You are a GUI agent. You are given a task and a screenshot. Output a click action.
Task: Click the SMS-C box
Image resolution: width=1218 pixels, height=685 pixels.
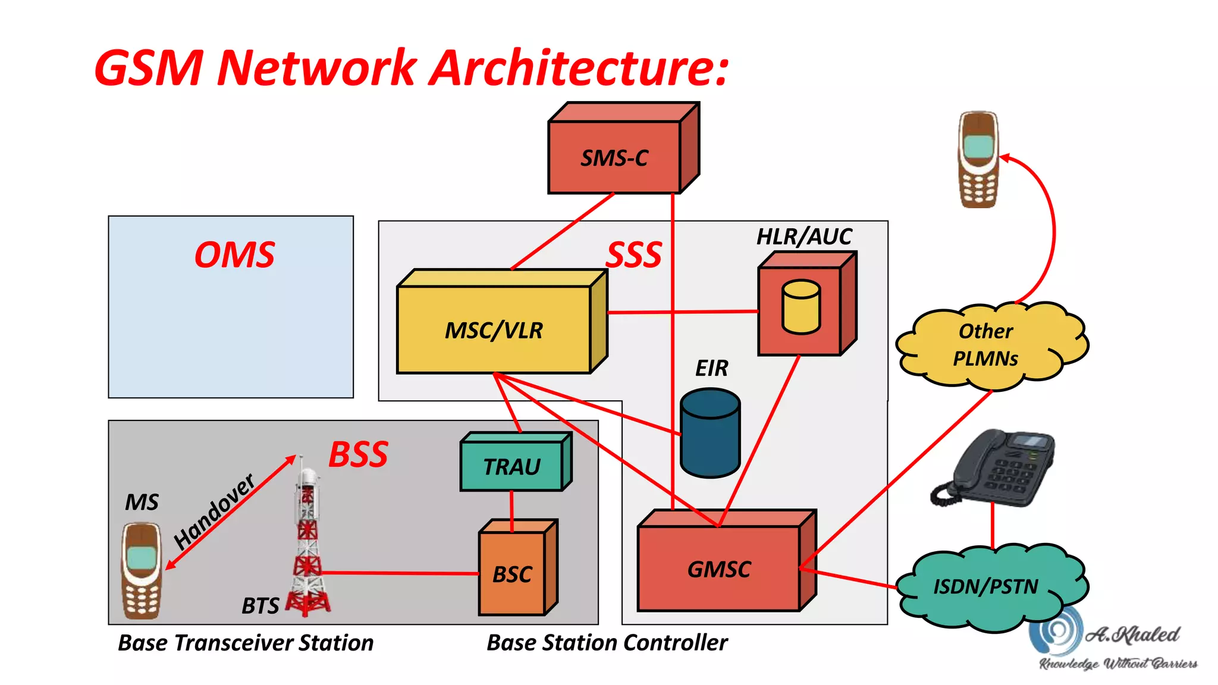coord(614,158)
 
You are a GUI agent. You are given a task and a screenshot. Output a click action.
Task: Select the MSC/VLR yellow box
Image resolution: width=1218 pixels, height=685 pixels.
coord(494,330)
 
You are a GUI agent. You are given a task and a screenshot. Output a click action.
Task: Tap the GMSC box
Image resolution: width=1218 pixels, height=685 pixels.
coord(718,568)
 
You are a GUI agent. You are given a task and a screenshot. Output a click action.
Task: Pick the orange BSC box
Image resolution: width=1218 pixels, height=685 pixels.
coord(512,574)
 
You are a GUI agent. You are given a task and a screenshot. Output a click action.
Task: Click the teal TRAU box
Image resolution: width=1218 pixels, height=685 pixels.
coord(511,467)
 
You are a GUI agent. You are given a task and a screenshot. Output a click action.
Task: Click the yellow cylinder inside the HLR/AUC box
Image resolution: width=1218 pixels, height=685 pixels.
coord(801,307)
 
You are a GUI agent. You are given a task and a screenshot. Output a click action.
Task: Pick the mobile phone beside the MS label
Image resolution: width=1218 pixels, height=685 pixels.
coord(142,571)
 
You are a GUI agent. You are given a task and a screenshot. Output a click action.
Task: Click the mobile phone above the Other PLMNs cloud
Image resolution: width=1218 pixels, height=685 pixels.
coord(978,159)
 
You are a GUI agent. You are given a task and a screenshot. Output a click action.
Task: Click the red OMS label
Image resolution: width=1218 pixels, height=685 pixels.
coord(234,255)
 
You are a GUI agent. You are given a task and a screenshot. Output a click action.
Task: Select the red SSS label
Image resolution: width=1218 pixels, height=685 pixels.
coord(634,255)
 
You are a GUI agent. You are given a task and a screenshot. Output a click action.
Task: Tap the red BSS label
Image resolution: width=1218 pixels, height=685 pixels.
coord(358,455)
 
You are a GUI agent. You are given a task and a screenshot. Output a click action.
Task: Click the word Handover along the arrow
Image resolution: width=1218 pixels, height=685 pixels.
coord(214,511)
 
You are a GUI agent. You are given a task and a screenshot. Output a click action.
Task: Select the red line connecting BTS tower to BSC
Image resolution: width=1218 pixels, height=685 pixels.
coord(398,573)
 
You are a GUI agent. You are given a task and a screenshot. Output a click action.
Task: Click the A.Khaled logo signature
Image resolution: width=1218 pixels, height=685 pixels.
coord(1118,642)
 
